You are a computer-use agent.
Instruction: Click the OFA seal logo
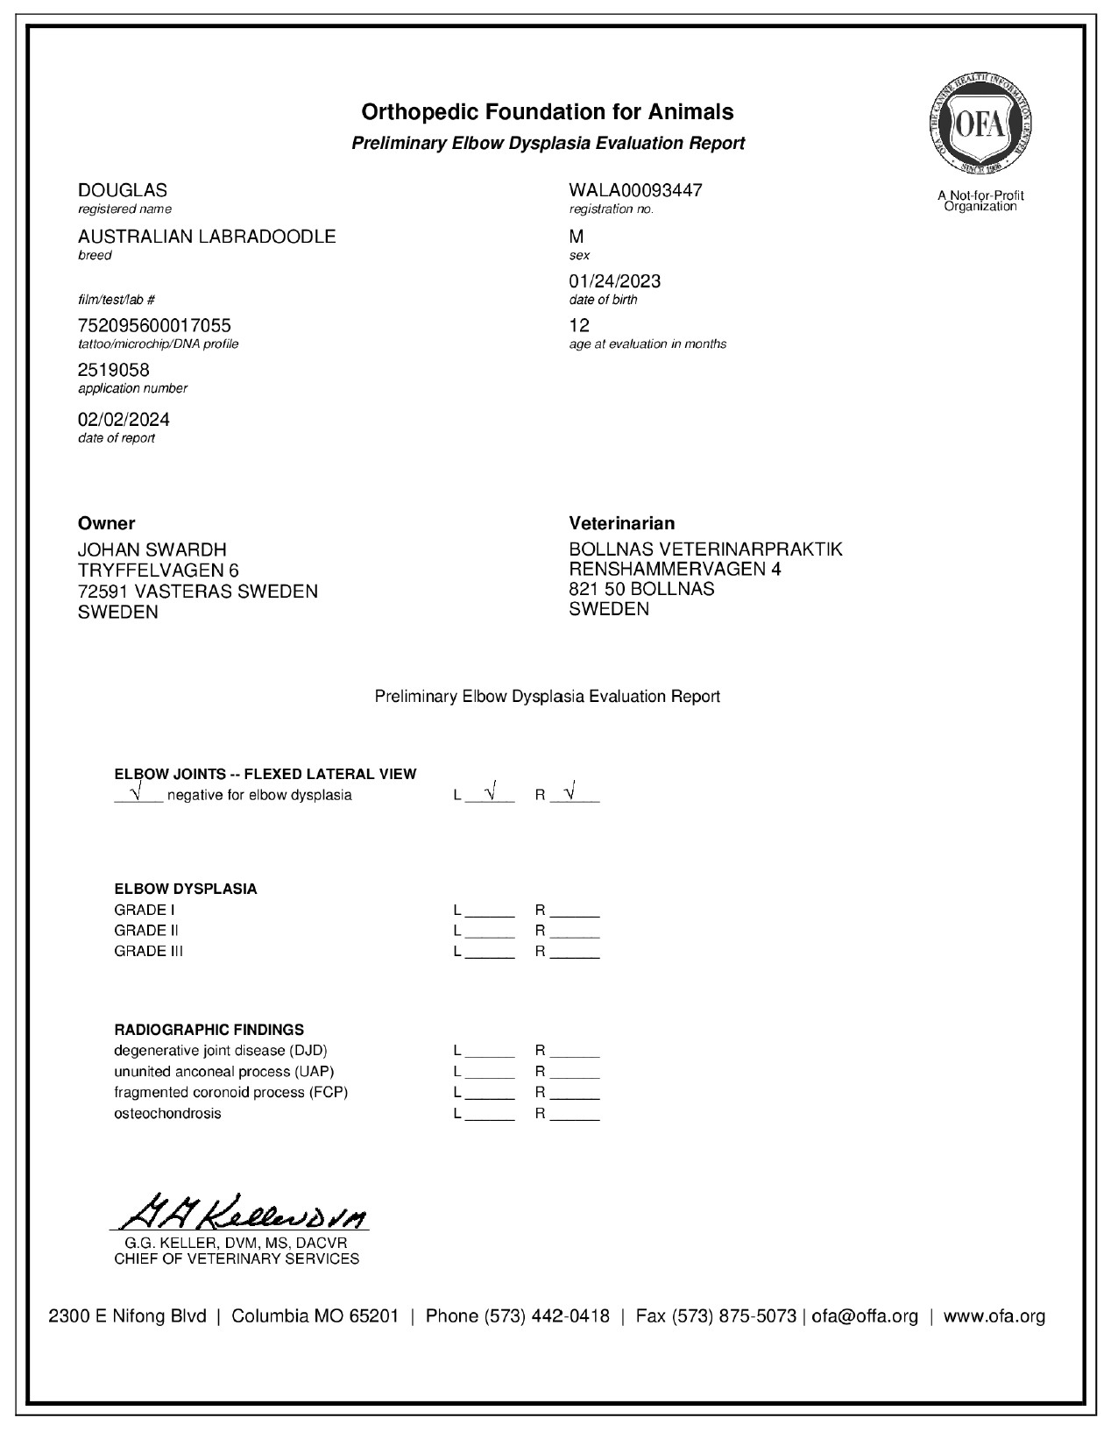click(x=980, y=126)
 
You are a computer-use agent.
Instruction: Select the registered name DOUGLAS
click(x=123, y=190)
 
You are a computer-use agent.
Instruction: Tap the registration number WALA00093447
click(x=635, y=190)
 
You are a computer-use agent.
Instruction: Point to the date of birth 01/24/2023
click(x=614, y=281)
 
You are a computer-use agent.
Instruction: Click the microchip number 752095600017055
click(x=154, y=326)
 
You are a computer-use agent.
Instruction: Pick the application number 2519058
click(x=114, y=370)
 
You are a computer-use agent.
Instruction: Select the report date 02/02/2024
click(x=124, y=419)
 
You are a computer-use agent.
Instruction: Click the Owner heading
click(x=107, y=523)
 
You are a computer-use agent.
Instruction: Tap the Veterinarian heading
click(x=621, y=523)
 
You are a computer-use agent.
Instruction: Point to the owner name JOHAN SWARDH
click(x=152, y=549)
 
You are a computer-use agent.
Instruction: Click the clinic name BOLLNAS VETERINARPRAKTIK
click(x=705, y=549)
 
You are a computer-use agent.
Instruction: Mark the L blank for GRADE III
click(x=490, y=953)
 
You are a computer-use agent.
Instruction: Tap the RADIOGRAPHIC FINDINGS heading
click(x=209, y=1030)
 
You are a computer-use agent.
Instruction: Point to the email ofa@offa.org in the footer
click(x=865, y=1316)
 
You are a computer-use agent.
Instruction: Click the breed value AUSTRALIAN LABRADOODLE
click(x=207, y=237)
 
